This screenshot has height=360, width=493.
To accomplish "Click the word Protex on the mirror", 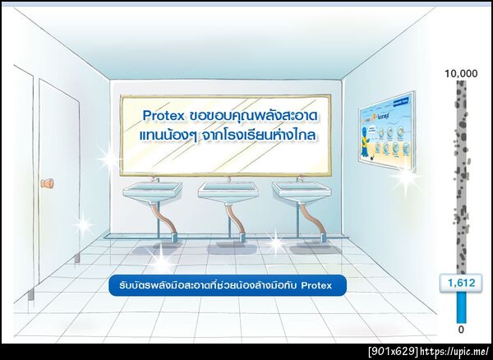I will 163,116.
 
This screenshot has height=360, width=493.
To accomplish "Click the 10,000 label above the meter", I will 460,73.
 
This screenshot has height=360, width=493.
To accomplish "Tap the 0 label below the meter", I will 460,330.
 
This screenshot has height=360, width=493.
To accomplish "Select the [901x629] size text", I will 391,352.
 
